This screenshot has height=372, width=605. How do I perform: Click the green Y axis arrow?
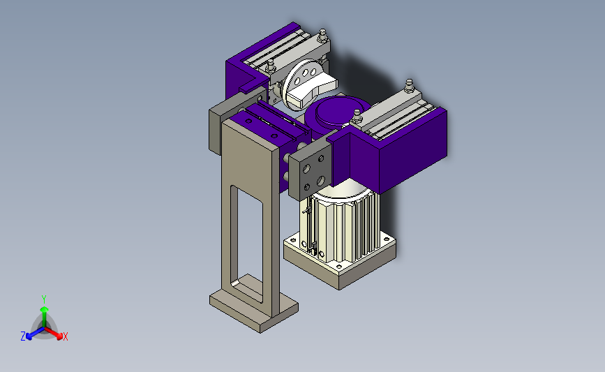coord(44,316)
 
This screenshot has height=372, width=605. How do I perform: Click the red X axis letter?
coord(65,336)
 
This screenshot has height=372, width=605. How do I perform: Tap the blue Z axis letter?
coord(23,336)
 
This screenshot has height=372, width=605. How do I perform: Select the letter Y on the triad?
coord(43,299)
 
